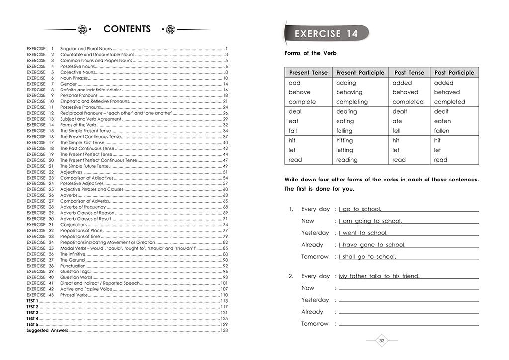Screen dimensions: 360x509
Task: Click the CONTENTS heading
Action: point(127,29)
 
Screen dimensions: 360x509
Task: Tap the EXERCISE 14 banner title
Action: point(326,34)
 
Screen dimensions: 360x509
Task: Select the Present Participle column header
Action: point(360,73)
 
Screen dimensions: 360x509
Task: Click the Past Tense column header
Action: point(409,73)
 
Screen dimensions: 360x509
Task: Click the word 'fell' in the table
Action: point(397,131)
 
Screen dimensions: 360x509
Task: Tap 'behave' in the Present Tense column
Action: point(299,92)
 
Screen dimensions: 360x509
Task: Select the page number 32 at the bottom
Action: point(382,341)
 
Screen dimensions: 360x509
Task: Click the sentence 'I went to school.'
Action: point(363,233)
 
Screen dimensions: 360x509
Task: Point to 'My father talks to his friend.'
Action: point(379,276)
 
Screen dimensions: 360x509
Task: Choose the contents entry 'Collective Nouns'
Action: point(78,72)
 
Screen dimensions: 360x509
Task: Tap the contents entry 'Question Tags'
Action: point(75,271)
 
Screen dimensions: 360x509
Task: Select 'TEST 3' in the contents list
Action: point(32,313)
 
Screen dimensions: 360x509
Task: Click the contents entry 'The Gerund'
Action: point(73,260)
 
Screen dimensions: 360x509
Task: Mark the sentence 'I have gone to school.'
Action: point(372,245)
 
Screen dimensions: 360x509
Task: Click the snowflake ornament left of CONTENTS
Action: point(83,29)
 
